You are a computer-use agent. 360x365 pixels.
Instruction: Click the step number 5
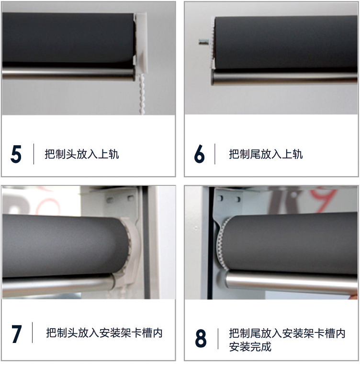[16, 154]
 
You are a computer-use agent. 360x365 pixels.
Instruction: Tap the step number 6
[199, 154]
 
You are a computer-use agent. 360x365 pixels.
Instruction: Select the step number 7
[17, 334]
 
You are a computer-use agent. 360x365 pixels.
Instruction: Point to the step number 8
[201, 338]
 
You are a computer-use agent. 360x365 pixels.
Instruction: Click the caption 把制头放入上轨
[82, 154]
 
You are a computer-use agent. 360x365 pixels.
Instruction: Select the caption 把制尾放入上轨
[266, 154]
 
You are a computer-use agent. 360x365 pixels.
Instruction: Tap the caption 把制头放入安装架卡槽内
[104, 333]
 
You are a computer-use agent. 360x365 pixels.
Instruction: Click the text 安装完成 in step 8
[250, 347]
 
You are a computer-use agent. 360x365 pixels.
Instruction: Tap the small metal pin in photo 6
[204, 42]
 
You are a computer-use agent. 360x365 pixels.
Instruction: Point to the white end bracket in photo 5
[141, 43]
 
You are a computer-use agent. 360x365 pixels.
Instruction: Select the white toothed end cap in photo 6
[212, 43]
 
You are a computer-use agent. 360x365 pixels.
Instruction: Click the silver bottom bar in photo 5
[68, 73]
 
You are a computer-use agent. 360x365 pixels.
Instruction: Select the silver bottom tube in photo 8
[291, 282]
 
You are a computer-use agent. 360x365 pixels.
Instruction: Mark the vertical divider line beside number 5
[34, 154]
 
